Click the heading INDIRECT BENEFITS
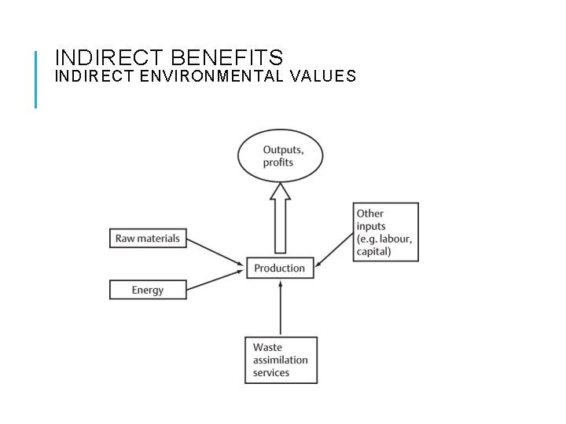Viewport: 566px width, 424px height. [x=169, y=57]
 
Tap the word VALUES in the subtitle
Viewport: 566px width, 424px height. [x=324, y=76]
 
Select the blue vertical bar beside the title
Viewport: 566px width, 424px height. [x=36, y=79]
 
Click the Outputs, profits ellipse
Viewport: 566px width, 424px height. [x=281, y=155]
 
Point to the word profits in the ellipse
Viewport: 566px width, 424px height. [x=278, y=163]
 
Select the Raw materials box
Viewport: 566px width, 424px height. [x=148, y=238]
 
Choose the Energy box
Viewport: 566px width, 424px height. [x=148, y=290]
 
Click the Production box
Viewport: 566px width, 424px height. [x=280, y=268]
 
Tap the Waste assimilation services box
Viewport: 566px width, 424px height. [x=281, y=360]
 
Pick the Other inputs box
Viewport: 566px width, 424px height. [x=386, y=232]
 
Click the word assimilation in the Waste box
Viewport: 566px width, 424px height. [x=281, y=360]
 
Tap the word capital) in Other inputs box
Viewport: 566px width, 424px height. [x=373, y=251]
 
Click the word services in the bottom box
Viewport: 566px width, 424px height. [x=271, y=372]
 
